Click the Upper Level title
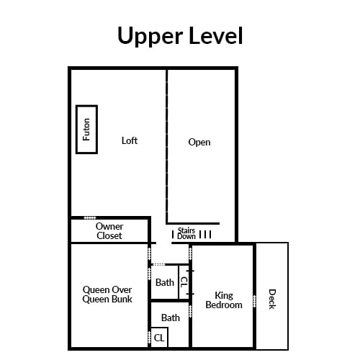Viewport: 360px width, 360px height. click(180, 35)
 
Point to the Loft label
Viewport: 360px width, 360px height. click(130, 140)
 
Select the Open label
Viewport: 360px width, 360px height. click(199, 142)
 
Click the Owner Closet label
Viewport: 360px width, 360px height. click(109, 231)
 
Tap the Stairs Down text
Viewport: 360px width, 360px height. click(186, 233)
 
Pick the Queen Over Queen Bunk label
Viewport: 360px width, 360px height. click(107, 294)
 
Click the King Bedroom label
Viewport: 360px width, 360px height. click(224, 300)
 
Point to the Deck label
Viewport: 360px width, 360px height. click(272, 299)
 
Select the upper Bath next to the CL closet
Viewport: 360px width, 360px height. click(165, 282)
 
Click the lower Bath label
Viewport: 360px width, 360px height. click(171, 318)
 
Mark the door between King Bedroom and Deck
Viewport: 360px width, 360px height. click(254, 301)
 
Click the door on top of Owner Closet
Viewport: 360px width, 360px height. click(90, 218)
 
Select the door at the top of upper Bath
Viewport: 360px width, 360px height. click(158, 264)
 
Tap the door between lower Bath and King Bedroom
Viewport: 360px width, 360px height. click(191, 312)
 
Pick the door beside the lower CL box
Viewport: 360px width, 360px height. click(149, 337)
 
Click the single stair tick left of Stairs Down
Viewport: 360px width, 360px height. click(173, 235)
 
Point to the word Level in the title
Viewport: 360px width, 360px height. click(216, 35)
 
